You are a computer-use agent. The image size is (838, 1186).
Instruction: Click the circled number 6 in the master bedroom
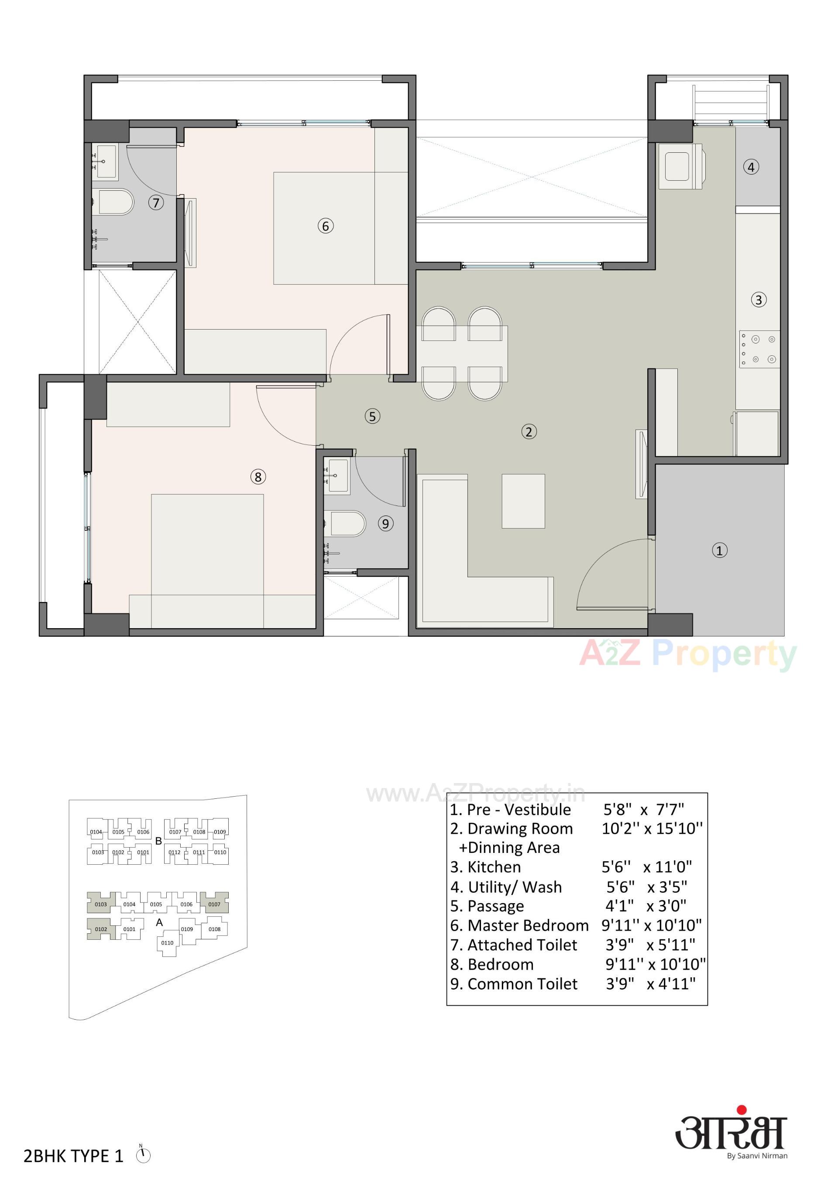tap(326, 226)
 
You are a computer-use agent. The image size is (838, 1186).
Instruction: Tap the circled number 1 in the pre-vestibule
tap(720, 550)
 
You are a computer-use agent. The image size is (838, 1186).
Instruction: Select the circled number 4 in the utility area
tap(751, 167)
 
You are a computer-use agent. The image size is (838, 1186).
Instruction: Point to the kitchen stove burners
tap(759, 349)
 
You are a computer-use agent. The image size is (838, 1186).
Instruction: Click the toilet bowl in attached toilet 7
tap(115, 203)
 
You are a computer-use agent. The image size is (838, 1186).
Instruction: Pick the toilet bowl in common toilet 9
tap(347, 524)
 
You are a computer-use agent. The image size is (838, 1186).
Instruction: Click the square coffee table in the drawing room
tap(523, 501)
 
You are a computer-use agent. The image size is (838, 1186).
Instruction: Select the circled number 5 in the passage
tap(372, 416)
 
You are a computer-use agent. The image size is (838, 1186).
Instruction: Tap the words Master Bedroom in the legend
tap(528, 925)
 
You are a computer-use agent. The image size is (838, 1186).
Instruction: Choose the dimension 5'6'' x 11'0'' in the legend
tap(647, 867)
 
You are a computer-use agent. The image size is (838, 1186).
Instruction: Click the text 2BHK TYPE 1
tap(73, 1156)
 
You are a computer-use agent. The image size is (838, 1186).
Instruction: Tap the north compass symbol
tap(143, 1155)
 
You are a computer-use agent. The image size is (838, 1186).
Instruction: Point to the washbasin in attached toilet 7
tap(105, 161)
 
